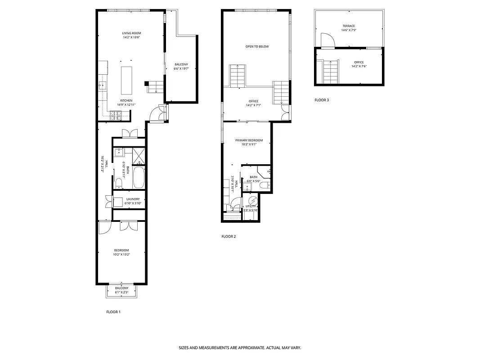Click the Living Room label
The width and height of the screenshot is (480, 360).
(131, 33)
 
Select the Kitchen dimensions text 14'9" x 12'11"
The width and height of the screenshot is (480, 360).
(126, 104)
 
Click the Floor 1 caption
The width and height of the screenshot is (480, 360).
(113, 312)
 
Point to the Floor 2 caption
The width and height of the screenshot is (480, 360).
(229, 236)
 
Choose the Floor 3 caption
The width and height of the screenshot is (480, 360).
(322, 100)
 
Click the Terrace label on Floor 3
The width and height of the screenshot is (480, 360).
(349, 26)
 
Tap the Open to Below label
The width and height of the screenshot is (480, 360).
(257, 46)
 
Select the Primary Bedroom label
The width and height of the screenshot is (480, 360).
(249, 140)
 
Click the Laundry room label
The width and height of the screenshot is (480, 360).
(133, 199)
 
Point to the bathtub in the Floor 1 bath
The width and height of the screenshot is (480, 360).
(139, 178)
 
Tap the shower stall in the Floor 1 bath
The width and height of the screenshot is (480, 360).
(139, 156)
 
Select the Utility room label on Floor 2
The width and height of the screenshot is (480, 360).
(251, 206)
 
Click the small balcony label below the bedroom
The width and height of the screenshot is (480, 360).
(121, 288)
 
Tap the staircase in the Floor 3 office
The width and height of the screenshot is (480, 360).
(331, 72)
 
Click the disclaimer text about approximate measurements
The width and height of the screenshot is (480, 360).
(240, 348)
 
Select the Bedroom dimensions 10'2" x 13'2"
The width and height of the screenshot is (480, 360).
(121, 255)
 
